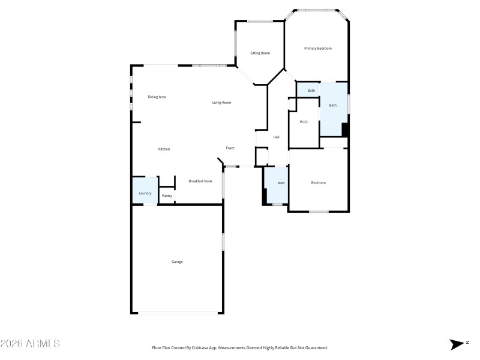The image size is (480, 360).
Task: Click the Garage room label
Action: tap(177, 262)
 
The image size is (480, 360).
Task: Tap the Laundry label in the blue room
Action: tap(145, 193)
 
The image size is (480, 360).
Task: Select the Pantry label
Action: tap(167, 196)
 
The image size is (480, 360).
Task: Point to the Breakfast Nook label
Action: tap(200, 181)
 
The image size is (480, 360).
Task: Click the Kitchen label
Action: tap(164, 149)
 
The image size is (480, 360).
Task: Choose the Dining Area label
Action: tap(157, 97)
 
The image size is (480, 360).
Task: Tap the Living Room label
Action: tap(221, 103)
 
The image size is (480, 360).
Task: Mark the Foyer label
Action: tap(230, 148)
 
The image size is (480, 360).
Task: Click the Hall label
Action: tap(276, 137)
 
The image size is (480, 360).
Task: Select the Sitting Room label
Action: tap(260, 53)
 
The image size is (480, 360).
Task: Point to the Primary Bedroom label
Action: tap(317, 49)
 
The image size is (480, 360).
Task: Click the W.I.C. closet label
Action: tap(304, 122)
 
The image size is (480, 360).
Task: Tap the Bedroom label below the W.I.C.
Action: tap(318, 182)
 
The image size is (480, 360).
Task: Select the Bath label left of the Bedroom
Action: tap(280, 183)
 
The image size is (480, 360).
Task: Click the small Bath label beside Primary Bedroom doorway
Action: tap(311, 91)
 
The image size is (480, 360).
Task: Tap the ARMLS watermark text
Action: tap(30, 344)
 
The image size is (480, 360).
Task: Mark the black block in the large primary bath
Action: tap(345, 130)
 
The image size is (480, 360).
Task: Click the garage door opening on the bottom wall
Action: tap(178, 312)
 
